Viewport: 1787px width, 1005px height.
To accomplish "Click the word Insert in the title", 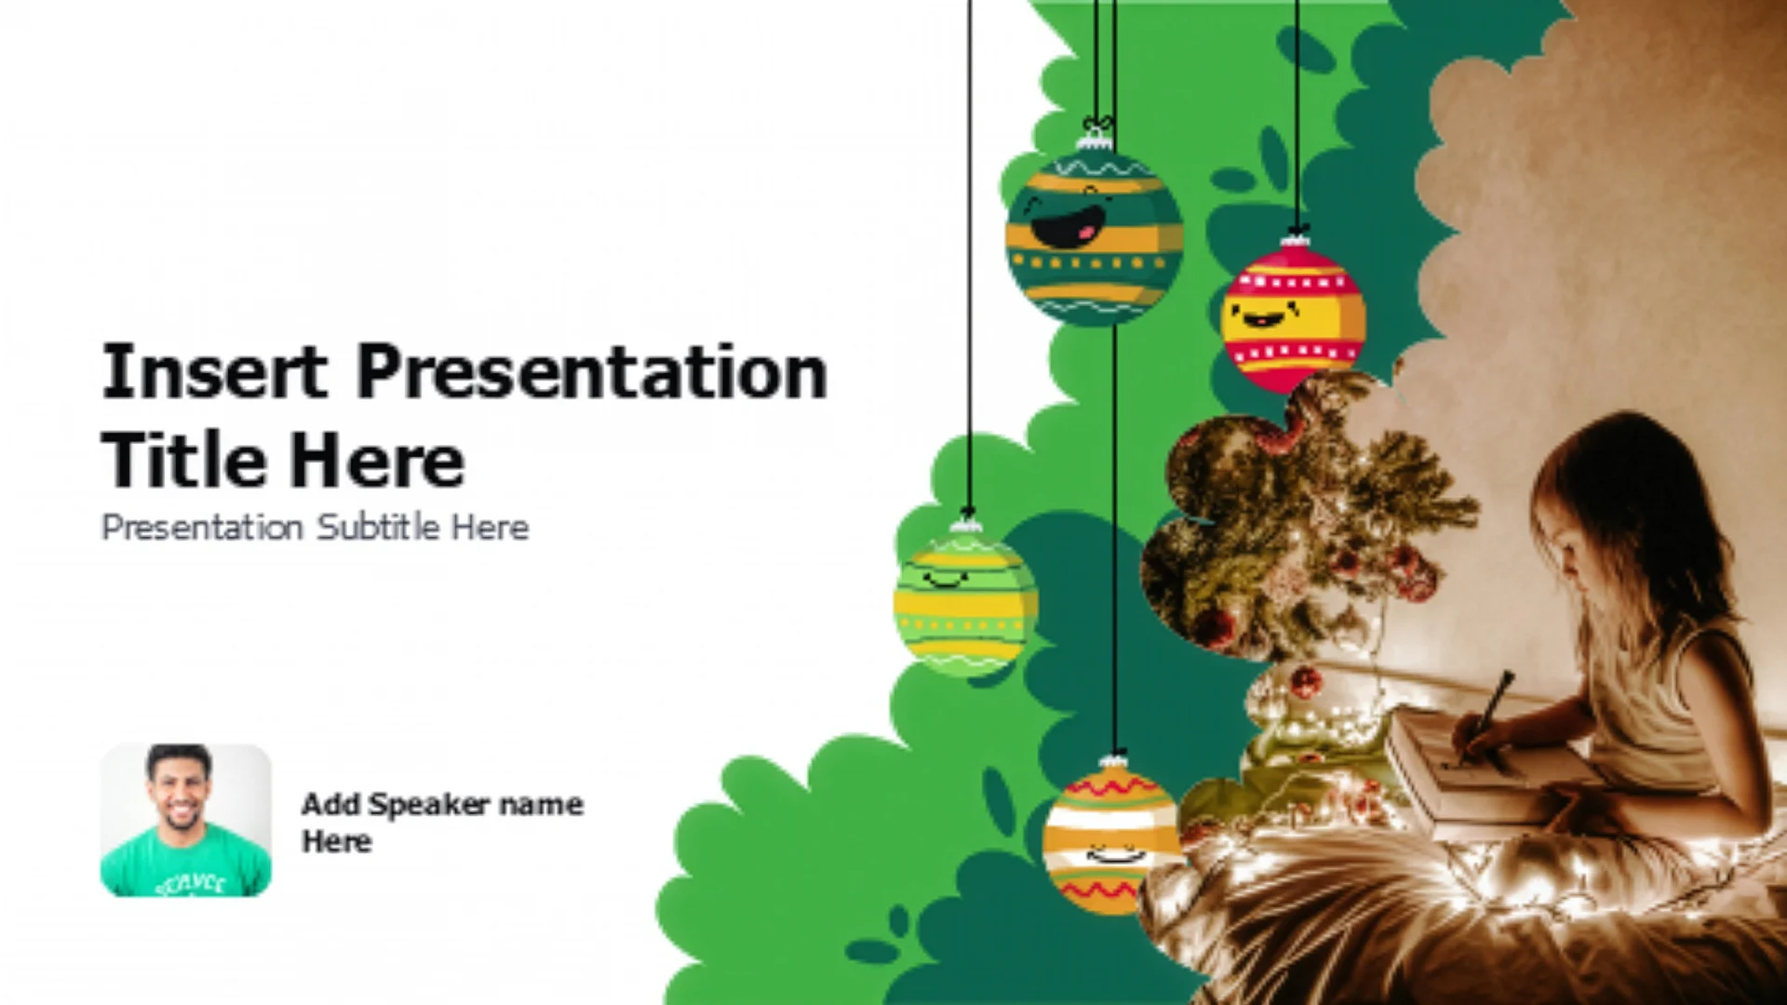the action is (214, 371).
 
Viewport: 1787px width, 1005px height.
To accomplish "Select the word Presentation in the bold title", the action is (592, 371).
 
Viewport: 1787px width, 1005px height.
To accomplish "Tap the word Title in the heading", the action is (182, 460).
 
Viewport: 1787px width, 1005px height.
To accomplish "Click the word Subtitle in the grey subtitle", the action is (378, 528).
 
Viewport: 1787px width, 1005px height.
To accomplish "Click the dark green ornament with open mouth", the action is (1095, 236).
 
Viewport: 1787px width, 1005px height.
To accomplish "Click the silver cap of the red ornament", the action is (1294, 241).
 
